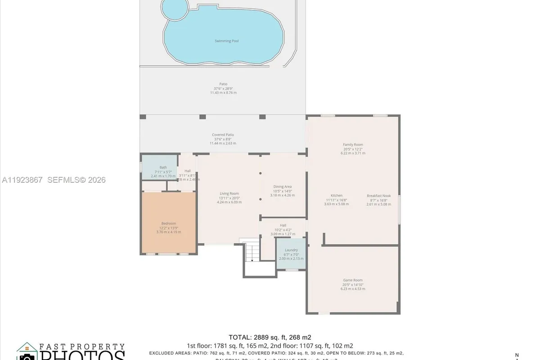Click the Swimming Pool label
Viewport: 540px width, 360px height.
click(226, 41)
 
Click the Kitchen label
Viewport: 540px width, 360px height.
click(337, 195)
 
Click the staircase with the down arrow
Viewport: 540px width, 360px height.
click(251, 252)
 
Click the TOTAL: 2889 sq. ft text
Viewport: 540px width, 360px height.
click(270, 337)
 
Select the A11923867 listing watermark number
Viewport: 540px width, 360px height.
click(22, 180)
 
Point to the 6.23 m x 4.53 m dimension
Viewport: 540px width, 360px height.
click(353, 289)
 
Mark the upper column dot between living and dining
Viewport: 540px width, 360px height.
click(261, 173)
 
